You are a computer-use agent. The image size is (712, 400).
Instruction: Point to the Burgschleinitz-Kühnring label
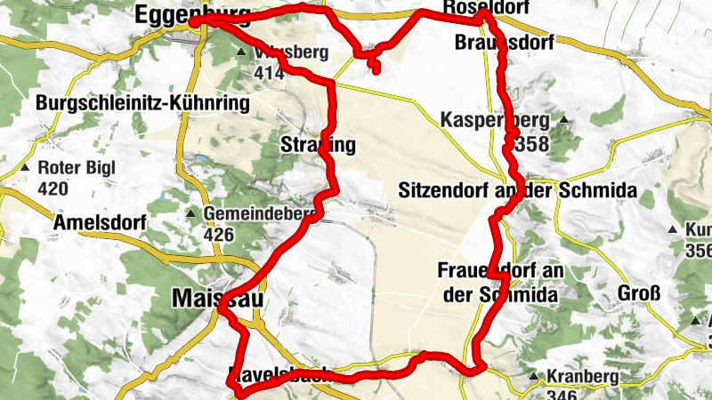142,104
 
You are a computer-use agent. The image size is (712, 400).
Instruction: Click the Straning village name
318,144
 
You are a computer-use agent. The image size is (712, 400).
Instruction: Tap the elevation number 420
53,188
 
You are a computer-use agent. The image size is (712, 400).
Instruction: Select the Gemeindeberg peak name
260,214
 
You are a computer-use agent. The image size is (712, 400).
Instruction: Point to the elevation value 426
218,235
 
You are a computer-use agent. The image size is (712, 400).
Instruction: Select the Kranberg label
582,377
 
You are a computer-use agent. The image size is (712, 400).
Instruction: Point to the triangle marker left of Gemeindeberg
190,214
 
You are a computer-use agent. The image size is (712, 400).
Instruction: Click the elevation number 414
268,72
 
